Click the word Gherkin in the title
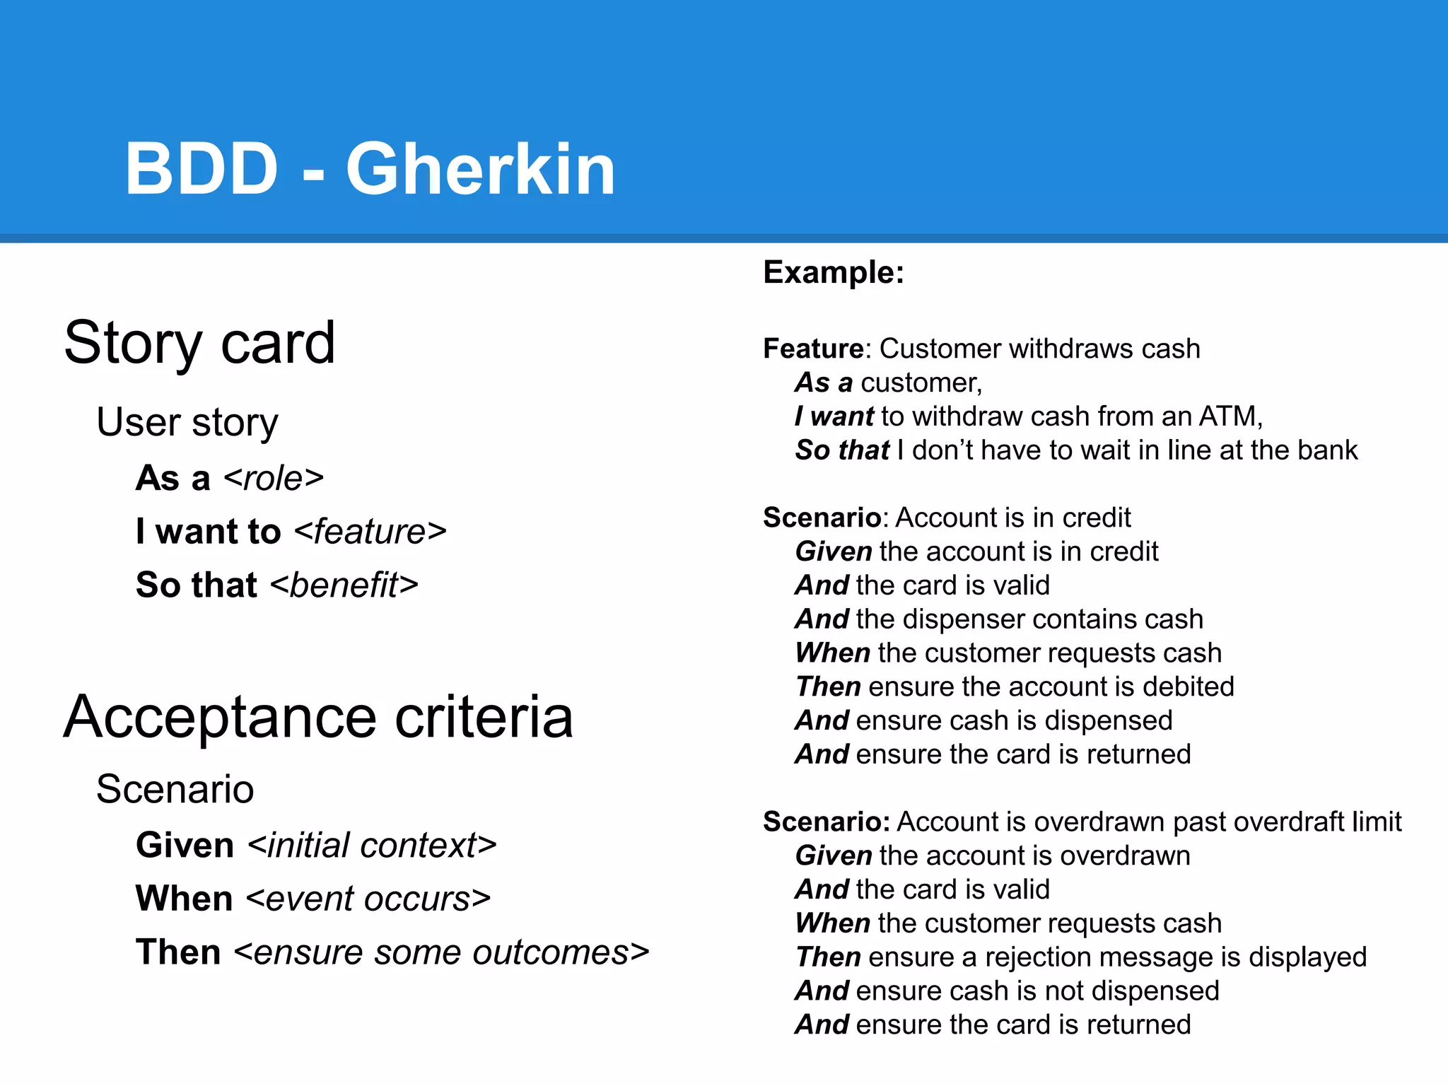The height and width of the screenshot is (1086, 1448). click(x=480, y=170)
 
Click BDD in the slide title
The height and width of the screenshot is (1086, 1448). click(x=202, y=170)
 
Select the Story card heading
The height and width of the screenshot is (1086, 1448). click(x=199, y=343)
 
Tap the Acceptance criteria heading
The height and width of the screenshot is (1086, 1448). click(x=318, y=717)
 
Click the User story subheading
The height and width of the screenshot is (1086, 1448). click(x=187, y=423)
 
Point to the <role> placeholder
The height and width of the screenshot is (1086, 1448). click(x=274, y=479)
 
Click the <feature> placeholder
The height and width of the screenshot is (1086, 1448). click(x=370, y=532)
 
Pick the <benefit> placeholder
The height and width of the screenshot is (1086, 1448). click(x=344, y=585)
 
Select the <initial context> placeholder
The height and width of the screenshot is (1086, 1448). click(x=373, y=846)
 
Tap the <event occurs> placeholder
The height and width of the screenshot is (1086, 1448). click(x=368, y=899)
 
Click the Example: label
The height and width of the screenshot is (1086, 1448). click(x=834, y=272)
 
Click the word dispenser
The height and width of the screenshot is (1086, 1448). click(x=957, y=619)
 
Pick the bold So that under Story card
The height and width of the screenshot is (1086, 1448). click(x=197, y=585)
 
